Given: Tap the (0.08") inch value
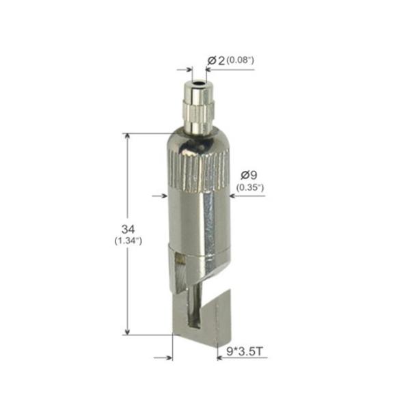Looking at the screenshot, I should (241, 61).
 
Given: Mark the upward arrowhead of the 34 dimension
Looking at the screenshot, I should (127, 137).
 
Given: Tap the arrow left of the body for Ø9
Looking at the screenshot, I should (161, 196).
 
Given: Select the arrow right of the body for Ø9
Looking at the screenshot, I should (233, 196).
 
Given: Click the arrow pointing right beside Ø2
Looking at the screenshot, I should (188, 70).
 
